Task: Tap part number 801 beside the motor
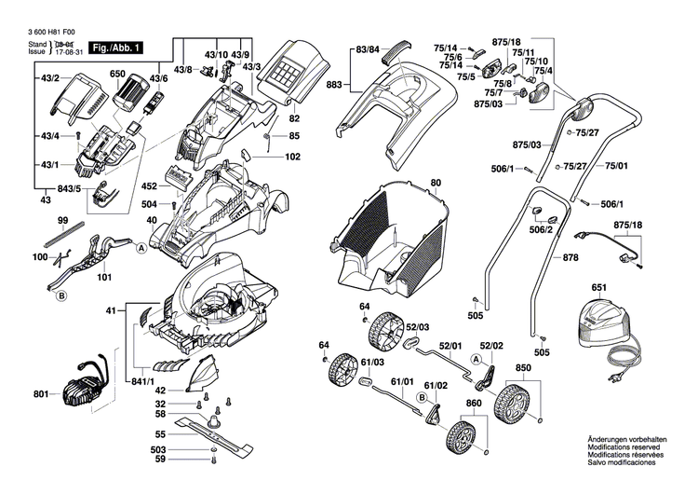pos(40,395)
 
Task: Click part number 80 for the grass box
pos(436,183)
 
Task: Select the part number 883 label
pos(332,85)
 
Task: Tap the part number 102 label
pos(292,157)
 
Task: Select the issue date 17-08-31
pos(69,52)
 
